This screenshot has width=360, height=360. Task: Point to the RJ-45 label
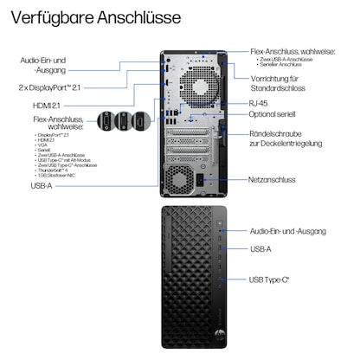tap(259, 102)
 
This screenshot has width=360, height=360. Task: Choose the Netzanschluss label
tap(272, 180)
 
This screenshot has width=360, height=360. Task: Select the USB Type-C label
tap(269, 280)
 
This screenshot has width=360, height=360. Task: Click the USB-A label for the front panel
tap(260, 248)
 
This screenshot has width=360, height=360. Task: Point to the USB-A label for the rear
tap(40, 185)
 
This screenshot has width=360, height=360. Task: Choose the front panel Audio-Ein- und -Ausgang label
tap(288, 231)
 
